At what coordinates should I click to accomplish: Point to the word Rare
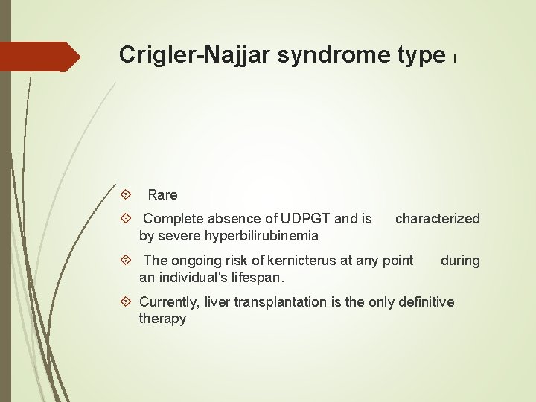coord(162,195)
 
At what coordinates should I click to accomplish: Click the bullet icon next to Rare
coord(126,195)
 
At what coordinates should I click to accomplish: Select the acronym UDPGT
coord(307,219)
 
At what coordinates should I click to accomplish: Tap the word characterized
coord(438,219)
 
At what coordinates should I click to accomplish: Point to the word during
coord(460,260)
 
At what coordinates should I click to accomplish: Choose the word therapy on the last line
coord(162,319)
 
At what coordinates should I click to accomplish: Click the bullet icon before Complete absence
coord(126,219)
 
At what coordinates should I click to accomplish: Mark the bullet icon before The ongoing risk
coord(126,260)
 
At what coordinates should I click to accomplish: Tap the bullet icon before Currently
coord(126,301)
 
